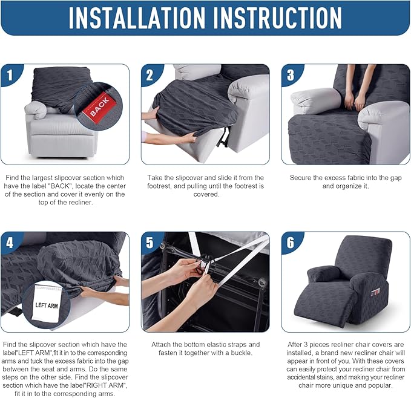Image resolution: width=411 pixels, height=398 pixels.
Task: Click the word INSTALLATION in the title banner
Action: point(137,18)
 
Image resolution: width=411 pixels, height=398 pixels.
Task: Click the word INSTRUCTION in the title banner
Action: point(277,18)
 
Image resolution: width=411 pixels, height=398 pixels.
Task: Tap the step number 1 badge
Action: point(10,75)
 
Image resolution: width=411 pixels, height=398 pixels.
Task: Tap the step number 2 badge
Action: point(150,75)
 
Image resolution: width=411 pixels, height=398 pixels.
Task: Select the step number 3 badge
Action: point(291,75)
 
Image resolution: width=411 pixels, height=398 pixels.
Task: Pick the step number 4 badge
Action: point(10,243)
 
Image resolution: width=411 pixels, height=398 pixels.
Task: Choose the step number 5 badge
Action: point(150,243)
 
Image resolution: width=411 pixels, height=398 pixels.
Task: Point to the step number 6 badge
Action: point(291,243)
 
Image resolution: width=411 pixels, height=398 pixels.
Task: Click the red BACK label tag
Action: point(100,106)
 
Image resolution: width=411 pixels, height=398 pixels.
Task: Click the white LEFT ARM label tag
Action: point(47,302)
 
